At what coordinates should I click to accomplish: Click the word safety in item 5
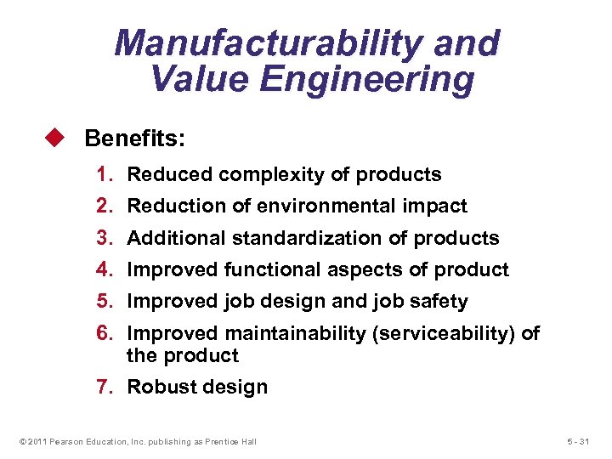point(437,301)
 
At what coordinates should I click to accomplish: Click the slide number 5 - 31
point(581,441)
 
